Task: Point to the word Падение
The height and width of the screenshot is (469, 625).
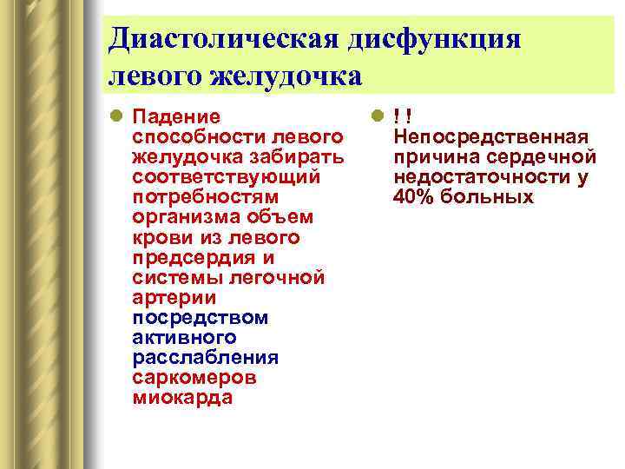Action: point(176,116)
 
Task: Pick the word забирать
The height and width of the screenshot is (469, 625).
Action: point(296,156)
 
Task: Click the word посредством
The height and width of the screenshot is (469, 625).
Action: point(201,317)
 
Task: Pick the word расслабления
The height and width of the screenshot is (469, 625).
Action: point(205,357)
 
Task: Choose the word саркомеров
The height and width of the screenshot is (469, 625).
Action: point(194,378)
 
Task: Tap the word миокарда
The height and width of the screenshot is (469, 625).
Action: point(183,398)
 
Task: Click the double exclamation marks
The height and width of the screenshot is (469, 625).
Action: point(401,116)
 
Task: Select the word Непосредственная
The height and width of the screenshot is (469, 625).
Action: point(490,136)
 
